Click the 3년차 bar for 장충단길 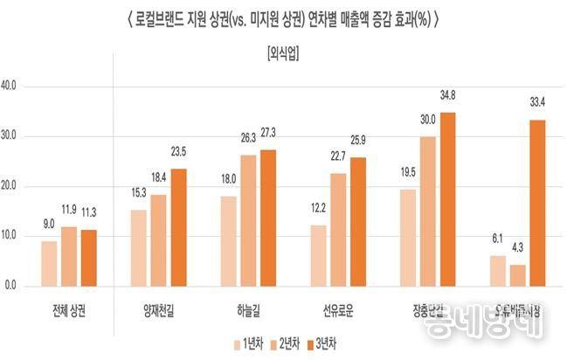(447, 199)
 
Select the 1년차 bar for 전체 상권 (49, 263)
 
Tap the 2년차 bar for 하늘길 (249, 220)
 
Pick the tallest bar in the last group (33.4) (537, 203)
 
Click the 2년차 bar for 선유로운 (338, 229)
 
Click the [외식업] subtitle (282, 55)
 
